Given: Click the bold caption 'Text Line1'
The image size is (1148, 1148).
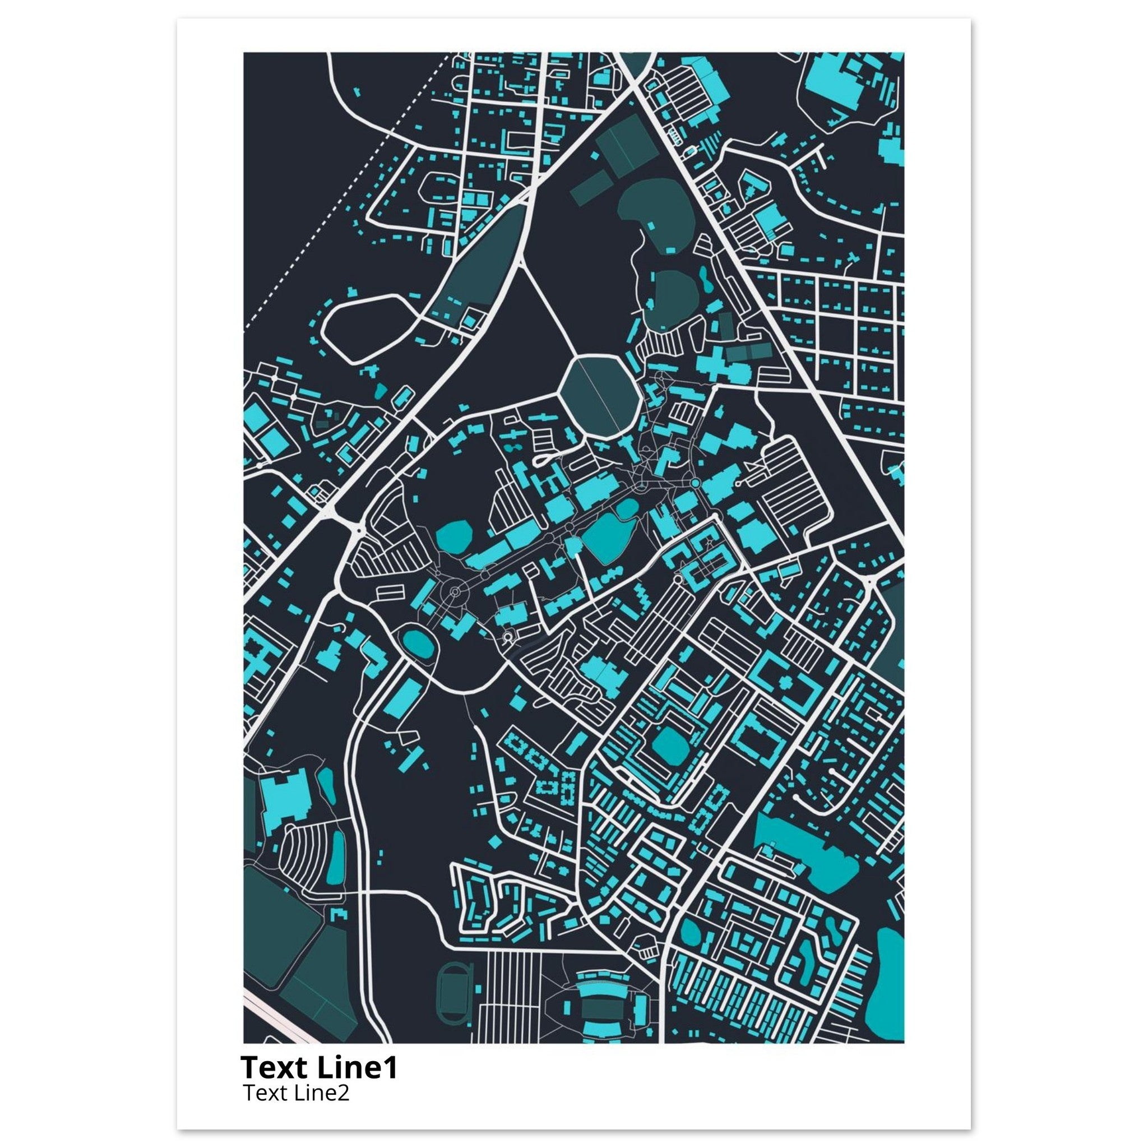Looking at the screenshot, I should coord(318,1068).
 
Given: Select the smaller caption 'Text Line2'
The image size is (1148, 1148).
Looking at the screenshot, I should coord(296,1093).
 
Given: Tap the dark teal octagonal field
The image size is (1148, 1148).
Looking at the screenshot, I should coord(600,396).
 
